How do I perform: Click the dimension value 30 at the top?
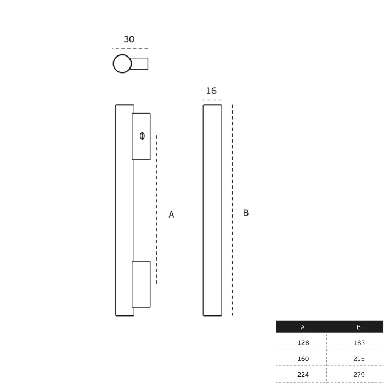pos(129,39)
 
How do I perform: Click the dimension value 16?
pos(211,91)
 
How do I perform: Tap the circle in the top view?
pos(122,64)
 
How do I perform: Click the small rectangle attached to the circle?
pos(139,64)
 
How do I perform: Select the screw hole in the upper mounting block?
pos(142,135)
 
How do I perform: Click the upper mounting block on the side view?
pos(142,148)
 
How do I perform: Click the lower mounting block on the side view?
pos(141,284)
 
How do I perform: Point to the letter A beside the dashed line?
pos(171,214)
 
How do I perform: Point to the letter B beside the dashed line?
pos(246,213)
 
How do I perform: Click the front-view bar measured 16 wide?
pos(212,210)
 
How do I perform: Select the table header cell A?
pos(302,327)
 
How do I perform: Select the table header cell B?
pos(358,327)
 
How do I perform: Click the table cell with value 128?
pos(303,342)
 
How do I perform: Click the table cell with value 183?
pos(358,342)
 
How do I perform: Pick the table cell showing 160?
pos(303,358)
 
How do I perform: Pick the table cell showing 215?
pos(358,358)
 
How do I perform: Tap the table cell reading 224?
pos(303,375)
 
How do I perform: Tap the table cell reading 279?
pos(358,375)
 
